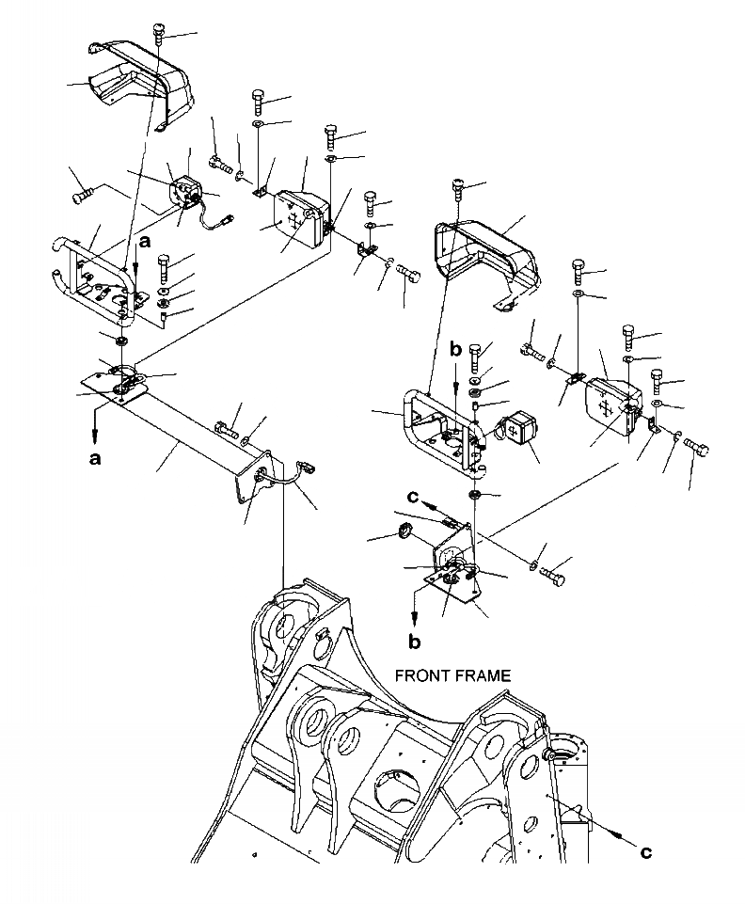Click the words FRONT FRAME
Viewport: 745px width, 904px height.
(452, 675)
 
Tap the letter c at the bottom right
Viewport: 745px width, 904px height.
(644, 852)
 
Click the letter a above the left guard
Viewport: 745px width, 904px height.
(144, 242)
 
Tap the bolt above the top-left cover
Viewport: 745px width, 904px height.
(157, 36)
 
